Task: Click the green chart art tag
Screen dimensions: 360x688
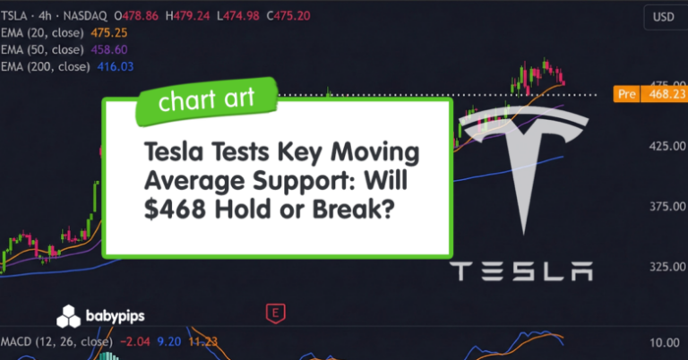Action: coord(207,100)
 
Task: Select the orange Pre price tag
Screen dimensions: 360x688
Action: coord(626,94)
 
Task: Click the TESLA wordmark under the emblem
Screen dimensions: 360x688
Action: coord(520,270)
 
